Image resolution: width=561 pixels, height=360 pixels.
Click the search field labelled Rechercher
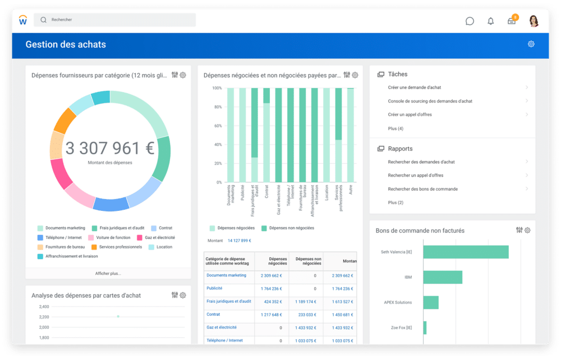[115, 20]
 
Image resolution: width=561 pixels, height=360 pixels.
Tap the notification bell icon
[491, 21]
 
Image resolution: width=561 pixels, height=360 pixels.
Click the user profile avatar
[534, 21]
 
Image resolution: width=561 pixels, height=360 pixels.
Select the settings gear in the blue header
[531, 44]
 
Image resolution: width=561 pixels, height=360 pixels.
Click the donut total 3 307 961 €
[110, 149]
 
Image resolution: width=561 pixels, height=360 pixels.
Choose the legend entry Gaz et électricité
[160, 238]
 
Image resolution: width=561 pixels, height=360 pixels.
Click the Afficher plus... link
[108, 274]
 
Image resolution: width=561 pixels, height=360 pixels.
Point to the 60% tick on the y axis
[218, 126]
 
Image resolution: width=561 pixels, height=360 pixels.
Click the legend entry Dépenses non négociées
[291, 228]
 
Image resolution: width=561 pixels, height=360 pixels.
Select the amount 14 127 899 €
[240, 241]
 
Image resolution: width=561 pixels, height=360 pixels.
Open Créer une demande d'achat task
[413, 87]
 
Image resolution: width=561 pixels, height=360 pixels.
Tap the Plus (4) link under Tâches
[396, 128]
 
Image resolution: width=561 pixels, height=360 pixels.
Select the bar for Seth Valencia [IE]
[466, 252]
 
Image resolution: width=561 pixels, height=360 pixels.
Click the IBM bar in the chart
[443, 277]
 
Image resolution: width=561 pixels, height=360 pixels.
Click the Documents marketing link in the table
[226, 275]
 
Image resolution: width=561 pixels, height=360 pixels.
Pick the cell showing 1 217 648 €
[271, 315]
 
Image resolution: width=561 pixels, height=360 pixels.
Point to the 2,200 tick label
[44, 317]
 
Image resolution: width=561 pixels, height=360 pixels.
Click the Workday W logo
[23, 21]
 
